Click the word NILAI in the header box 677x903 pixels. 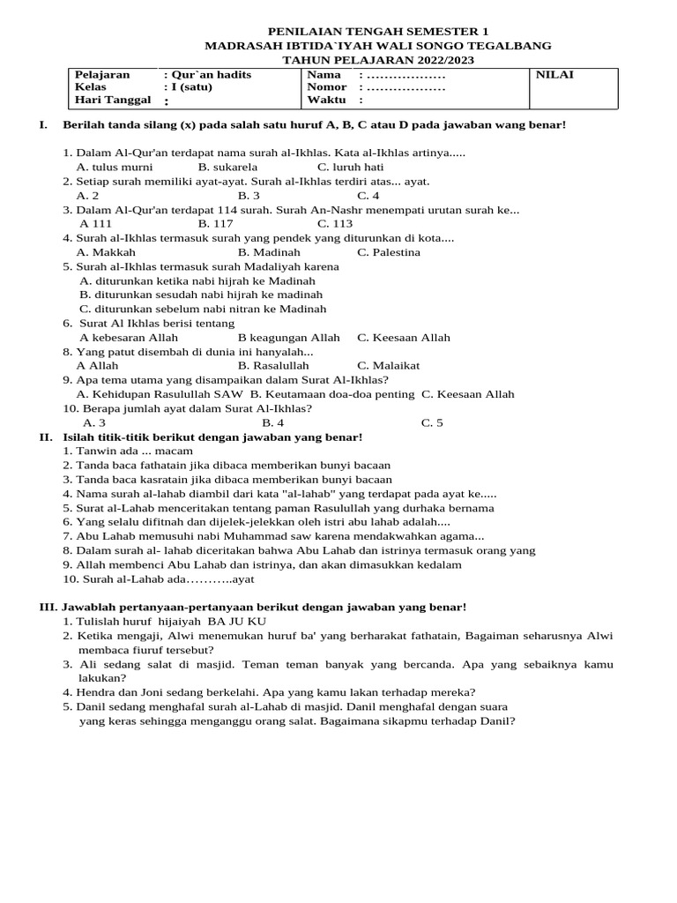tap(554, 75)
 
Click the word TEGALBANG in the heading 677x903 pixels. tap(510, 45)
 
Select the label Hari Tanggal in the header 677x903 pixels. tap(113, 101)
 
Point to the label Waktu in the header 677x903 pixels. tap(326, 101)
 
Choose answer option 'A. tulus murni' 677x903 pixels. tap(115, 167)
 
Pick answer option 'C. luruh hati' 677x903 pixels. tap(350, 167)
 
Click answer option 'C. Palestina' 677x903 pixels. tap(389, 252)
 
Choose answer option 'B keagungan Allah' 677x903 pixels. tap(288, 338)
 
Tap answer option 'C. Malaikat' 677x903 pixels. tap(388, 366)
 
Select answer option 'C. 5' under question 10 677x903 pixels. tap(432, 423)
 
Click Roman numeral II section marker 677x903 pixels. tap(46, 437)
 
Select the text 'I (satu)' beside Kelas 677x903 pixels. tap(190, 88)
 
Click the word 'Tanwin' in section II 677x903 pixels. tap(96, 451)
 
